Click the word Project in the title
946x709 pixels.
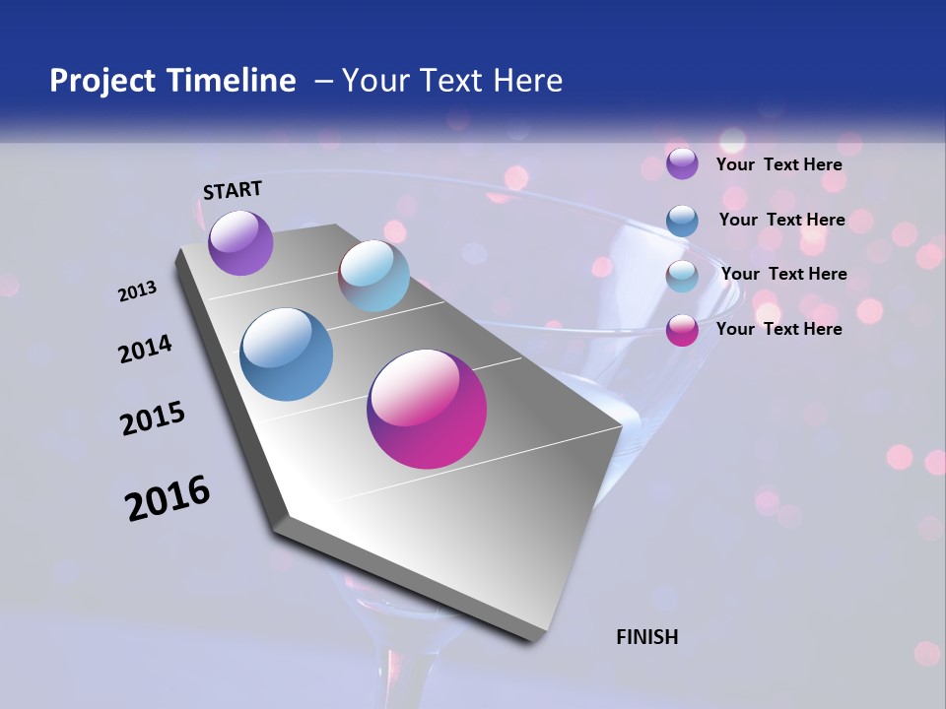click(x=103, y=81)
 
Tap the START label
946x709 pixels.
click(x=233, y=190)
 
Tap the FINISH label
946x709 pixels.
click(x=646, y=637)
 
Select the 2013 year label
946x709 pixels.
click(x=137, y=291)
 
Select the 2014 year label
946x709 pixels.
click(x=145, y=350)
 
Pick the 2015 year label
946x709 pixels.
click(x=153, y=419)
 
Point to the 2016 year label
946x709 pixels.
click(x=168, y=498)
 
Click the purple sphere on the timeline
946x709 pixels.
click(x=240, y=242)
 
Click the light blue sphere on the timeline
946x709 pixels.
click(x=373, y=276)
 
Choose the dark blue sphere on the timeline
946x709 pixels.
click(x=287, y=354)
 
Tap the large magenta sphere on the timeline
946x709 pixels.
click(x=427, y=409)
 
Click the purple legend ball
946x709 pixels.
click(x=682, y=164)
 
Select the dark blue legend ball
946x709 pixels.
click(x=682, y=221)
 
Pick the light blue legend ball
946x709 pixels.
click(x=682, y=276)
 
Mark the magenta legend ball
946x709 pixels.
click(x=682, y=330)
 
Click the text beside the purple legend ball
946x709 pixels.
click(x=778, y=164)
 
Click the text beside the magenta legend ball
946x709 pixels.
click(x=778, y=329)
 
